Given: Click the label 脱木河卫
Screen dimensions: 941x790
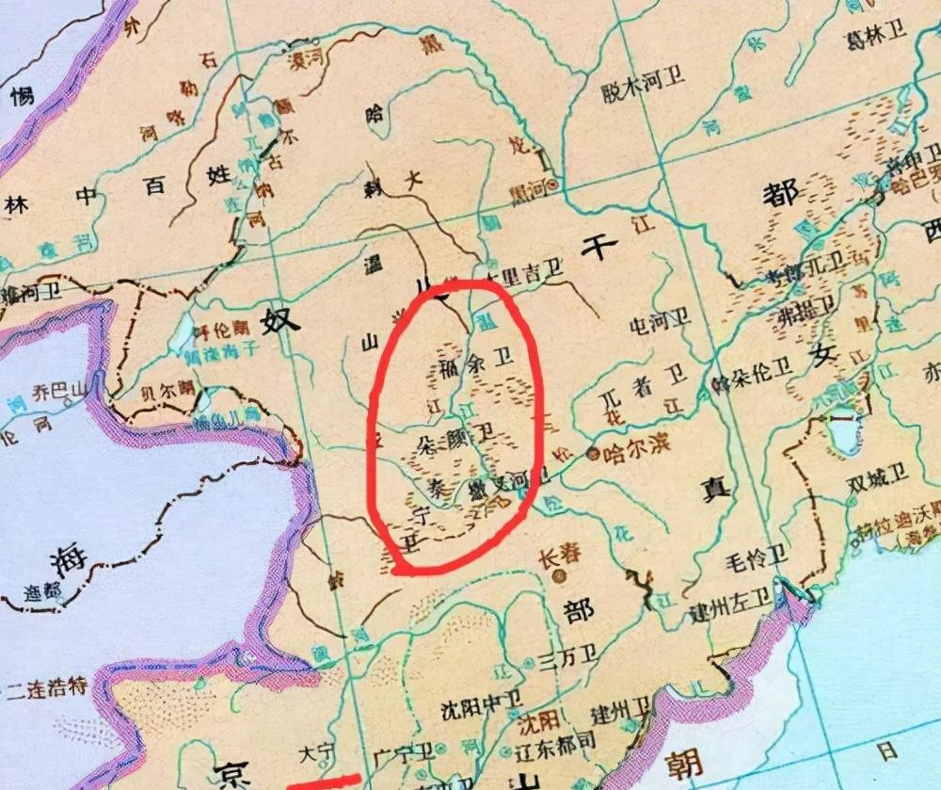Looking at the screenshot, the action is (643, 79).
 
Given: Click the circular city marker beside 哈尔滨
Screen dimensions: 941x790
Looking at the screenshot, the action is (593, 454).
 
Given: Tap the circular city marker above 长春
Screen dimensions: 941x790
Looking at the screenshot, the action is (561, 572).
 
